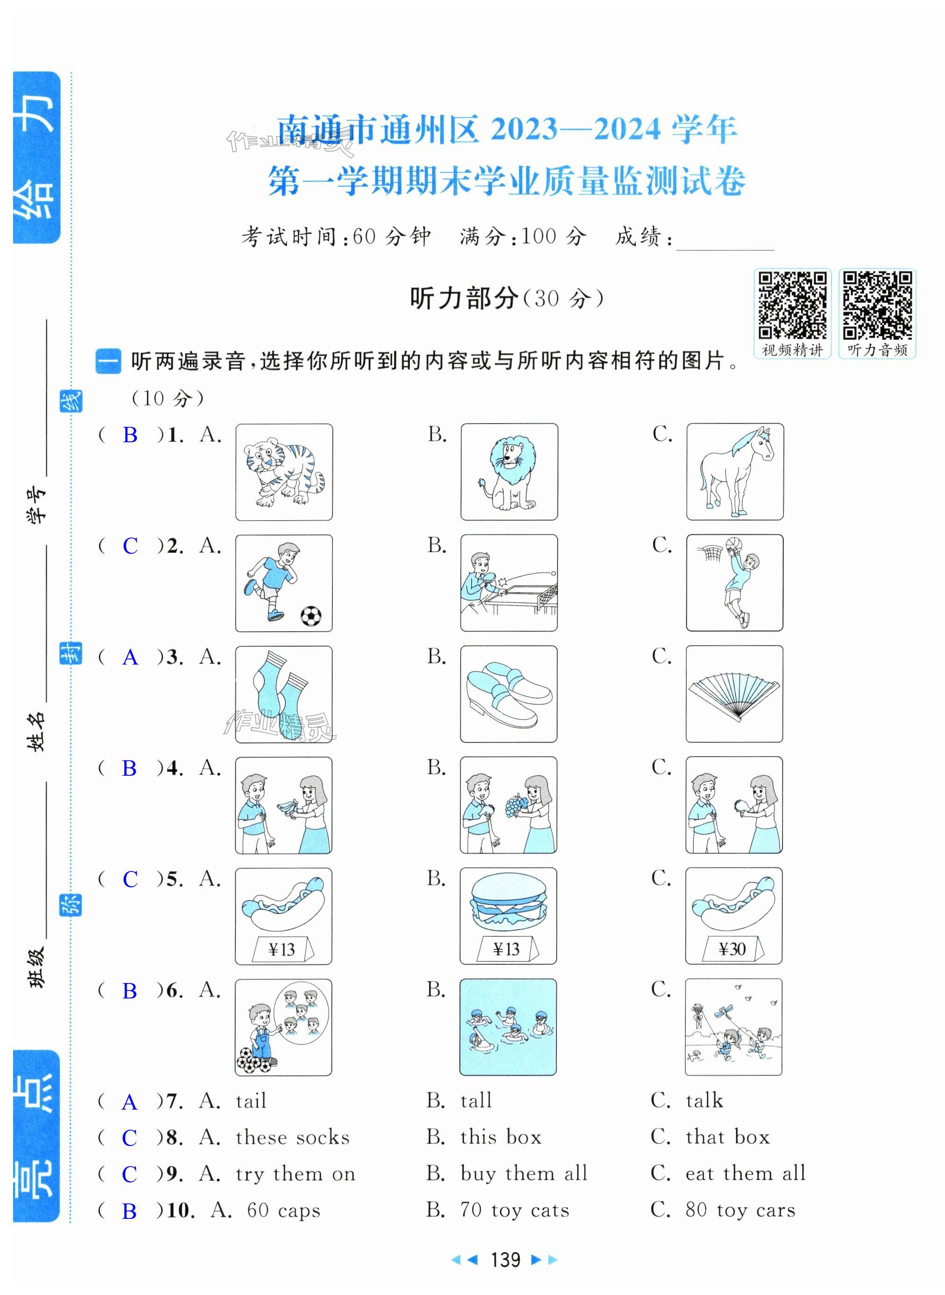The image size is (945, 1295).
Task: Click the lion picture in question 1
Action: (509, 472)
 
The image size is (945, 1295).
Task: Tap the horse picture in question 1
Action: (735, 472)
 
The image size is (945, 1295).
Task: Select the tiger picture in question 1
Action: (284, 472)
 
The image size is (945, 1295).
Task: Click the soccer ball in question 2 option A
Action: (311, 616)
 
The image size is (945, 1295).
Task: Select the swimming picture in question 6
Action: (508, 1027)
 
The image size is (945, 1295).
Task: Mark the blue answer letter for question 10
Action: (129, 1211)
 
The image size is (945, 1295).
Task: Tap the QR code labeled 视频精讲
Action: (792, 305)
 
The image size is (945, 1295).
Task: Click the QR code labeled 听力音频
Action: (877, 305)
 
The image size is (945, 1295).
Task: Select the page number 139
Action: (506, 1259)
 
